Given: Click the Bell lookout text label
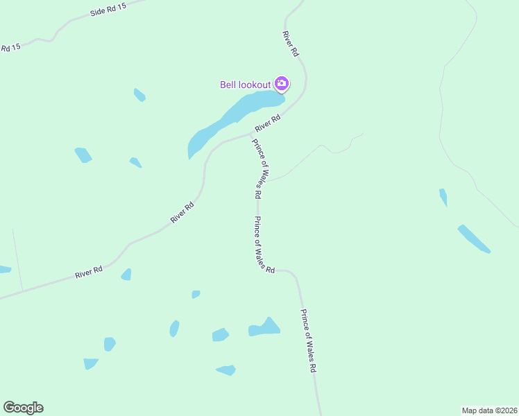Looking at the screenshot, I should coord(245,85).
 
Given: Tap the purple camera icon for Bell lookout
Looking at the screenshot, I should coord(282,84).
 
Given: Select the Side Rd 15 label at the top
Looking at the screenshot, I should coord(109,11).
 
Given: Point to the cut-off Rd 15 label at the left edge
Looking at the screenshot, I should coord(10,47).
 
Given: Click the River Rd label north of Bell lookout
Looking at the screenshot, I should coord(291,43).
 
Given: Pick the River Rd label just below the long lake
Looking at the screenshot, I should coord(267,123).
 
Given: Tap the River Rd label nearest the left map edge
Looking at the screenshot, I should coord(89,272).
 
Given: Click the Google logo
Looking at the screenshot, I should coord(23,408).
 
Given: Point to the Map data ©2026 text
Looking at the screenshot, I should coord(489,410).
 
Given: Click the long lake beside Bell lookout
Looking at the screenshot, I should coord(229,118).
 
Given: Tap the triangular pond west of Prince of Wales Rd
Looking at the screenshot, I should coord(265,328).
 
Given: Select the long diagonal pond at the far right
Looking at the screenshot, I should coord(474,239).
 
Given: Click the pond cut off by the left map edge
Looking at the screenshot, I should coord(4,269).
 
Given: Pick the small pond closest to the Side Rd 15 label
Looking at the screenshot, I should coord(139,94).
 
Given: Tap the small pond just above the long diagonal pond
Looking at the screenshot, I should coord(443,197).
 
